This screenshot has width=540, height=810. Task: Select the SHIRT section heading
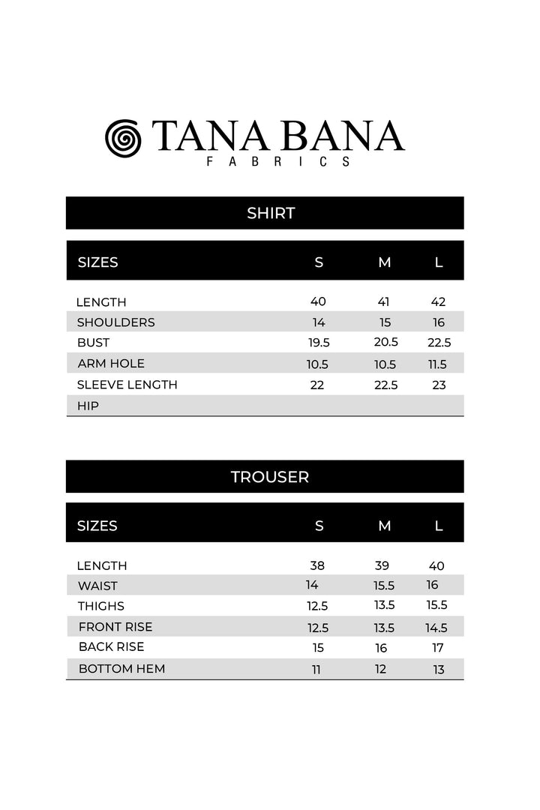point(271,213)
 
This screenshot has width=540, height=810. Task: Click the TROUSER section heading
point(270,476)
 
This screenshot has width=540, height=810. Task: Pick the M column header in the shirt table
point(385,262)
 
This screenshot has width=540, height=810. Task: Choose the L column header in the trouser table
point(439,526)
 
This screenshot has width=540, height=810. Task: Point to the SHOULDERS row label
point(115,322)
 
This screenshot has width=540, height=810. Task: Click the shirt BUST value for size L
point(438,343)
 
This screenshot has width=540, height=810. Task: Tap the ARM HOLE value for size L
point(438,364)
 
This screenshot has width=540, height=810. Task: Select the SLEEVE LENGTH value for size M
point(385,385)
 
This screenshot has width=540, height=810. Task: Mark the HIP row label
point(88,406)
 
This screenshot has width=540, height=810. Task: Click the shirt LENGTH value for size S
point(318,301)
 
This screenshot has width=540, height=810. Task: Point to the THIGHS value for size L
point(437,605)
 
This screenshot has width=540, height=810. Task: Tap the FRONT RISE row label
point(115,626)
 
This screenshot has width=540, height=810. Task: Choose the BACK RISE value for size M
point(382,648)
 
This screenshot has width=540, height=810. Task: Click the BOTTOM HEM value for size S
point(316,670)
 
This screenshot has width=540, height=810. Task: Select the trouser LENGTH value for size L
point(436,565)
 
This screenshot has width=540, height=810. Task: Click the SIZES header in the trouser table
point(97,526)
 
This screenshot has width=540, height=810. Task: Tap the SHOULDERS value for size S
point(318,322)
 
